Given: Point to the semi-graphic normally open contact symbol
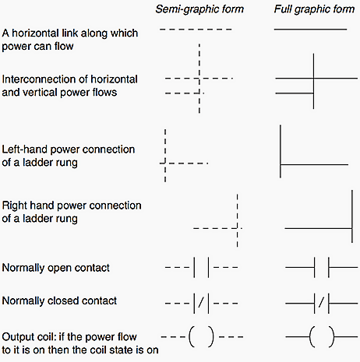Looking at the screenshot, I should pos(200,268).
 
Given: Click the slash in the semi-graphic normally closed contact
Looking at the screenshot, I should pos(201,301).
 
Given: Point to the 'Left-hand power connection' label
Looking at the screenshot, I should pos(69,149).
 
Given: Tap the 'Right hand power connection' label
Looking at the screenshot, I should pos(72,206).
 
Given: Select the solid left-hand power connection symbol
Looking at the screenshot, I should pos(281,164).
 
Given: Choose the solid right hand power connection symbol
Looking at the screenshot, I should pos(346,227).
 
